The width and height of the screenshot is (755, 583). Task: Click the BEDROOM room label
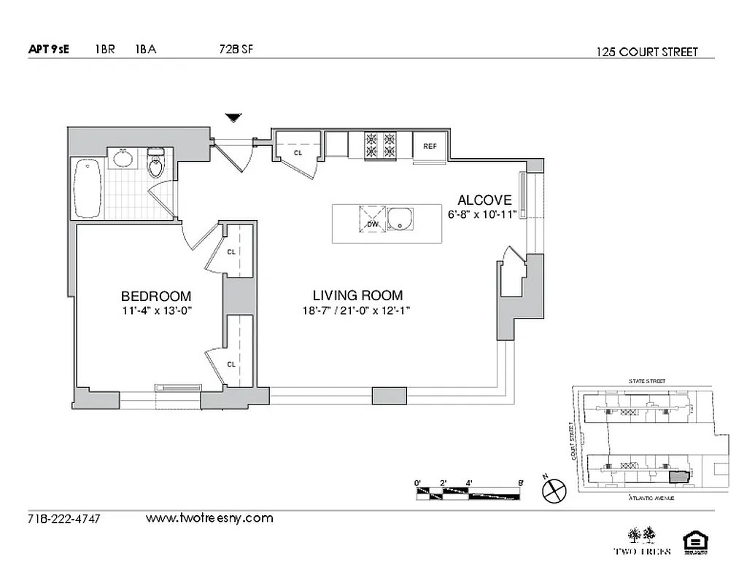pos(156,296)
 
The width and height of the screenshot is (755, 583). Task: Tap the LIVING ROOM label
pos(357,295)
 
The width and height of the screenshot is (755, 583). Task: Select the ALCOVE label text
pos(484,200)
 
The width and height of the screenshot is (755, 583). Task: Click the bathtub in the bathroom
pos(88,188)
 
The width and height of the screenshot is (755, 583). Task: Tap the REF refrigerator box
pos(430,146)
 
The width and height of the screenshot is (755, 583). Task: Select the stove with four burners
pos(379,144)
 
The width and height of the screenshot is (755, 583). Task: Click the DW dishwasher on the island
pos(372,219)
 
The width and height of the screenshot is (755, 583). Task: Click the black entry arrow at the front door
pos(233,117)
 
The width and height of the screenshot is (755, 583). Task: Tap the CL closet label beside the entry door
pos(298,154)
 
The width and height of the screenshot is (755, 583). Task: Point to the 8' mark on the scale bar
pos(519,482)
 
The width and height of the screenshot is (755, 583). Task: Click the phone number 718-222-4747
pos(63,519)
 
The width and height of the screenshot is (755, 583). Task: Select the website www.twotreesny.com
pos(209,518)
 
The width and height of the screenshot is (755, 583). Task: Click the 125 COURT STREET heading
pos(646,52)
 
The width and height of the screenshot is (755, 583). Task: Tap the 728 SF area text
pos(236,50)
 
